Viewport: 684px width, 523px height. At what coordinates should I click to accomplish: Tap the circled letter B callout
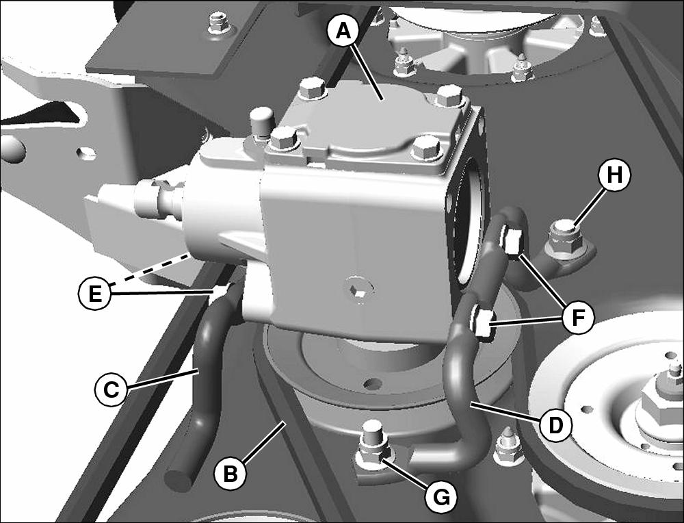tap(231, 473)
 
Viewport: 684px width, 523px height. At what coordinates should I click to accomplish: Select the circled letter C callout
tap(111, 390)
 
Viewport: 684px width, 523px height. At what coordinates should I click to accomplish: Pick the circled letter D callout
tap(555, 425)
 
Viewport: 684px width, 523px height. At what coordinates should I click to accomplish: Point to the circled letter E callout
tap(94, 294)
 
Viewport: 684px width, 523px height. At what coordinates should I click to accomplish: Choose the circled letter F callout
tap(578, 318)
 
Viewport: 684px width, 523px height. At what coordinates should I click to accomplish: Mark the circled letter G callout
tap(441, 496)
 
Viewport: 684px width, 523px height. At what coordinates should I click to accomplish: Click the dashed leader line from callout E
tap(150, 270)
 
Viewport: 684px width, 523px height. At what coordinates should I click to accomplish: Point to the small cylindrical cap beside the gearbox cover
tap(261, 123)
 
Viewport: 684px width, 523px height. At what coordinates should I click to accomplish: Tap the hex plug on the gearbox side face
tap(358, 288)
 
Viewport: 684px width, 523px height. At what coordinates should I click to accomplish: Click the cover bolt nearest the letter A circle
tap(312, 90)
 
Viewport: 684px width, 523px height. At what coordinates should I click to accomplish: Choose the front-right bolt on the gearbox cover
tap(425, 148)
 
